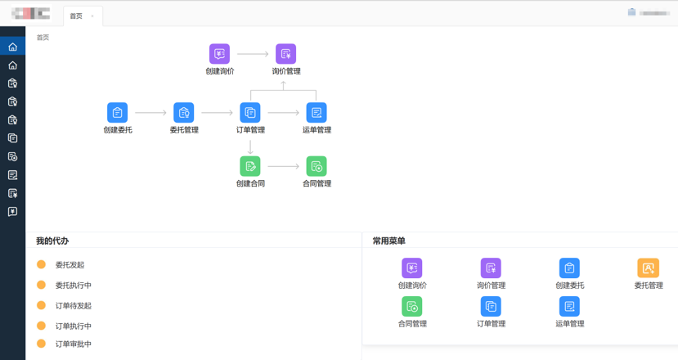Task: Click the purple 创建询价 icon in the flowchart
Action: click(x=219, y=54)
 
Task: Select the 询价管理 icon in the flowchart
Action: click(x=285, y=54)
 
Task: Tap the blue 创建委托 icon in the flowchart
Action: click(x=118, y=112)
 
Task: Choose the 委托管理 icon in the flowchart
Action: click(x=184, y=112)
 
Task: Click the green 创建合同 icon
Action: click(x=250, y=166)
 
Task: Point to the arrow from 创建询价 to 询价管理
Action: click(x=253, y=54)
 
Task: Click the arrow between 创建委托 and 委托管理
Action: click(x=151, y=113)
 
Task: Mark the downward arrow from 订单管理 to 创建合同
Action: click(x=250, y=146)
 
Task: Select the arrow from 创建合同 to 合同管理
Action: click(x=284, y=167)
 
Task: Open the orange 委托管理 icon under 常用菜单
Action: click(x=648, y=268)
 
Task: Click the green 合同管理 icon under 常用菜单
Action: click(x=412, y=306)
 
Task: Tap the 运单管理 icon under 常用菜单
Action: click(x=569, y=306)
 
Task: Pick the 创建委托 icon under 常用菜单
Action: click(x=569, y=268)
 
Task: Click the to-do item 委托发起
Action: click(x=70, y=265)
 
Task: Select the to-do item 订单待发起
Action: click(x=73, y=306)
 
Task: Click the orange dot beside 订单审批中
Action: click(x=41, y=344)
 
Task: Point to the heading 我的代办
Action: click(x=52, y=241)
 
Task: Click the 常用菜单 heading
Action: click(x=388, y=241)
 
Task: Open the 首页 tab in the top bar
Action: click(x=76, y=16)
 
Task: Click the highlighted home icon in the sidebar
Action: click(x=12, y=47)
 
